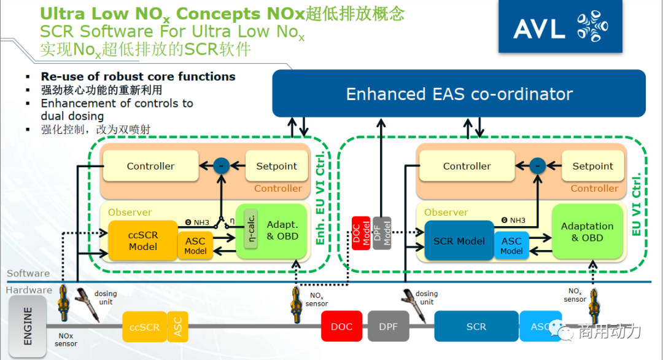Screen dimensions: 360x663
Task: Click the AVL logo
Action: point(559,27)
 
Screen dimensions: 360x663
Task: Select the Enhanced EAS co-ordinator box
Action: point(459,94)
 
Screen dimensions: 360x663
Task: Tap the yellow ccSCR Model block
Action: point(142,240)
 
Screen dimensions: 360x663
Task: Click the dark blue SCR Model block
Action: point(459,241)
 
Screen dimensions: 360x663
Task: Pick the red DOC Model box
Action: point(361,233)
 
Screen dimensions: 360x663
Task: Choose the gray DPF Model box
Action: point(381,233)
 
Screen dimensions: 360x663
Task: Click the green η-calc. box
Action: point(250,229)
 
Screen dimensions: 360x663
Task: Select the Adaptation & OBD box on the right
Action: point(587,232)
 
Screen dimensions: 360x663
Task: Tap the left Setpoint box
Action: point(276,166)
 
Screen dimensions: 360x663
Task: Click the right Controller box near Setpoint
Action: point(467,166)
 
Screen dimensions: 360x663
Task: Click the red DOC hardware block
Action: point(342,326)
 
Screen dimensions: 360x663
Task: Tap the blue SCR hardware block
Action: point(476,326)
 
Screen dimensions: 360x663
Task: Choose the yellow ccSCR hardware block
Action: point(144,327)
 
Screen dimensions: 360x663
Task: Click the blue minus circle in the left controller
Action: point(221,166)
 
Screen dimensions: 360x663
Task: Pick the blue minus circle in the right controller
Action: point(538,166)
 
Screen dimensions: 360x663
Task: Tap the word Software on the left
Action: point(28,273)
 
